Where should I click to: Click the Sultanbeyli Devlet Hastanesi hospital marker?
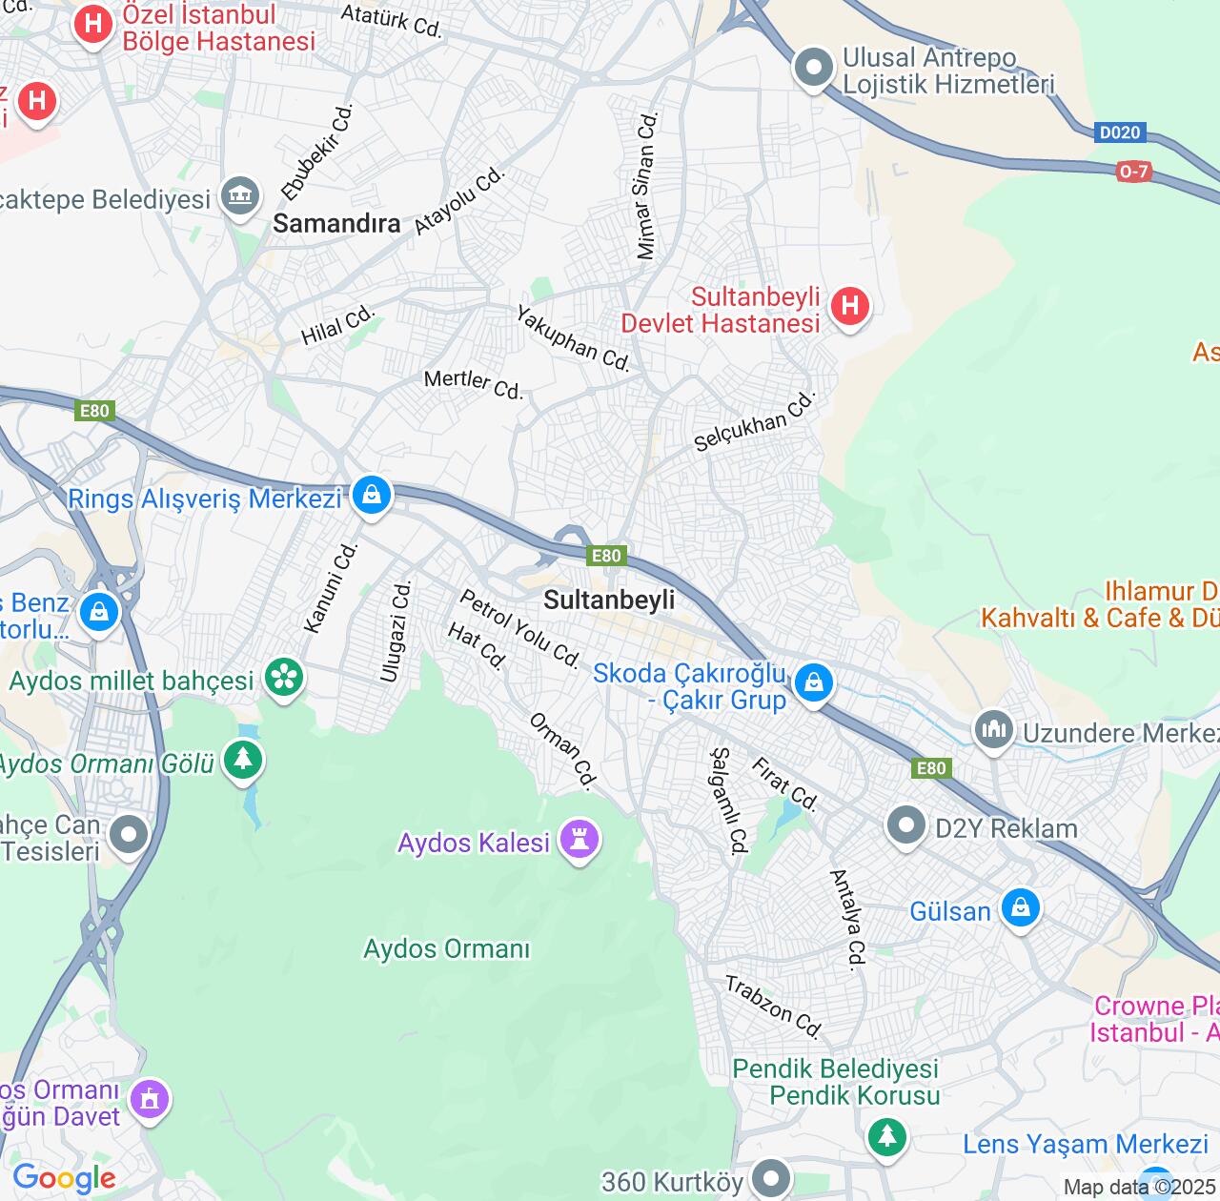849,307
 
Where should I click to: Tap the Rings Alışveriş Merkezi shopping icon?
372,496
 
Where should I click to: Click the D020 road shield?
1119,132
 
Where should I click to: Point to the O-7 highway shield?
1133,172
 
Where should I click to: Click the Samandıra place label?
336,223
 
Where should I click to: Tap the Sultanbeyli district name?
609,600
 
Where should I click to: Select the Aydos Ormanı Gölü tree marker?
243,760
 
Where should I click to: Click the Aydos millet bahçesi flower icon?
284,678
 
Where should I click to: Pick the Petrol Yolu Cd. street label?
520,628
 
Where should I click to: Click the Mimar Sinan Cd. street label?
647,186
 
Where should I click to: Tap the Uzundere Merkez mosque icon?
993,731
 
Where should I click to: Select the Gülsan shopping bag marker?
1020,907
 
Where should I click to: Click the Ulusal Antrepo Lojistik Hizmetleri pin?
814,68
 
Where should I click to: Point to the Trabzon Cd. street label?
774,1006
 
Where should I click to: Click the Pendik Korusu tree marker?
886,1135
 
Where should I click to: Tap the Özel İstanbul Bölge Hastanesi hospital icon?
93,23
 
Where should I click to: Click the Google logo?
64,1178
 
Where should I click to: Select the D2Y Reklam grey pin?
905,825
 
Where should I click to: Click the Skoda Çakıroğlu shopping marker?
813,682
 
